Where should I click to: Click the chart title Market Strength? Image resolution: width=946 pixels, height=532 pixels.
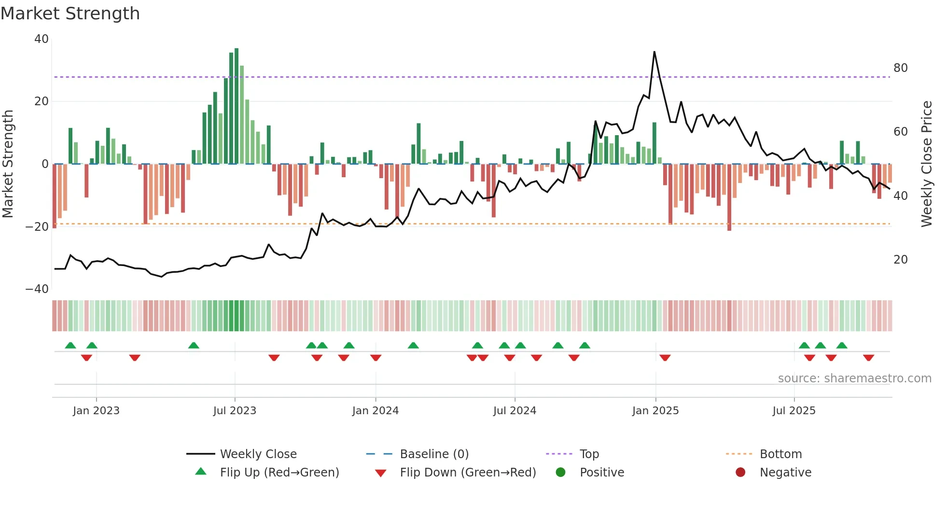coord(70,14)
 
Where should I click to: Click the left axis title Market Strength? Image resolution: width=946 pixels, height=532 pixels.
coord(8,164)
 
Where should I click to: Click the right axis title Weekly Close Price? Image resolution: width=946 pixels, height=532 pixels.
coord(926,164)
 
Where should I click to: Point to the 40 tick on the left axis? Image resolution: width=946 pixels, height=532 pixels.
coord(42,39)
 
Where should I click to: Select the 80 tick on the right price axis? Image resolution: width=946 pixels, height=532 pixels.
coord(900,68)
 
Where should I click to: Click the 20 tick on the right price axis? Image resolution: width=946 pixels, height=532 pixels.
coord(900,260)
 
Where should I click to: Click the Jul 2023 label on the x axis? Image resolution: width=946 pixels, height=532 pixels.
coord(235,411)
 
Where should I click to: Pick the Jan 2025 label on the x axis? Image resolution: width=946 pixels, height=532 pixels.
coord(655,411)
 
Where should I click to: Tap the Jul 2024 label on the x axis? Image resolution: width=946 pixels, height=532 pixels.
coord(515,411)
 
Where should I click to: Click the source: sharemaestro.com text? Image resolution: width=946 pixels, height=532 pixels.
coord(854,378)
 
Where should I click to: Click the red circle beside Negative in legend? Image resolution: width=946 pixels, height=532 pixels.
coord(740,473)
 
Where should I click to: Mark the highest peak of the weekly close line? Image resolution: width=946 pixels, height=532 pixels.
coord(654,52)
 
